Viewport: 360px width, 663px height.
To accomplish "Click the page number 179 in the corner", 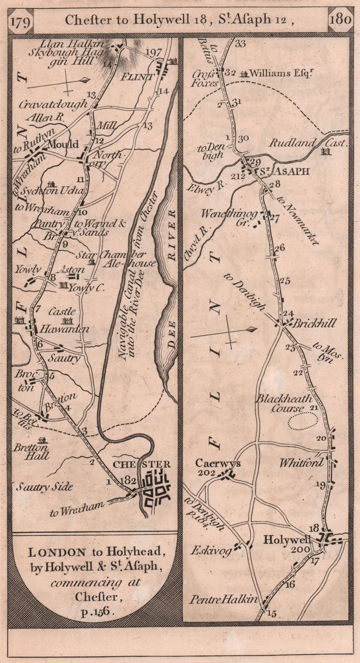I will (21, 21).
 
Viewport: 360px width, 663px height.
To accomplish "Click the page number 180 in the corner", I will (341, 19).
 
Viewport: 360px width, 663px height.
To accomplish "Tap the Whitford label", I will (301, 462).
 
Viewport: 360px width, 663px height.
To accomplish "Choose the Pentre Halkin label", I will (224, 600).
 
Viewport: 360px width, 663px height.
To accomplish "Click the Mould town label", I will (63, 144).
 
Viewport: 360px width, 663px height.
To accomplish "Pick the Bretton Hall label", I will (31, 452).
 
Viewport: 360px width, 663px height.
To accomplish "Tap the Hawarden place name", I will (63, 329).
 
